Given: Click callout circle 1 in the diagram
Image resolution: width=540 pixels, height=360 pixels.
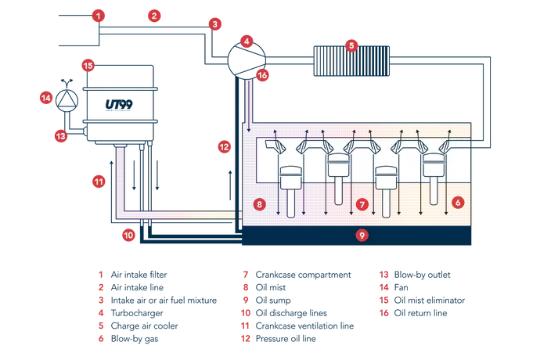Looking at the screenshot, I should [98, 15].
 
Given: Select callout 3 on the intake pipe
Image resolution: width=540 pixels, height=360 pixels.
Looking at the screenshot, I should [214, 25].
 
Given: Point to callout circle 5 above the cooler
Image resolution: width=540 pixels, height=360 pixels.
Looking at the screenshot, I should [247, 40].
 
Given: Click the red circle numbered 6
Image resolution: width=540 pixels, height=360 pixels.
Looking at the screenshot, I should [351, 45].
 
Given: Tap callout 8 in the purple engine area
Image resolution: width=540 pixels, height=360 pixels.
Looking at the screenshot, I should [362, 204].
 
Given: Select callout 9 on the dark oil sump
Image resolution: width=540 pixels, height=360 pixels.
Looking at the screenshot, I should [260, 204].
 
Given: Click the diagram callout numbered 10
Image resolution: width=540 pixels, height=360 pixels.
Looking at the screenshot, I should [362, 234].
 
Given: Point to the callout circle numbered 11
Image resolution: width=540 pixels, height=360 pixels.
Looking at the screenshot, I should [129, 234].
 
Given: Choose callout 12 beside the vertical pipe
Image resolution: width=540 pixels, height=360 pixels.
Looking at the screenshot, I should [98, 182].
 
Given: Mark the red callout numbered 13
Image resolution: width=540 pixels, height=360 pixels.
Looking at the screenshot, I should [225, 146].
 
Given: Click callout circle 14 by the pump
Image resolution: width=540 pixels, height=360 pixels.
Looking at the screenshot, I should [61, 135].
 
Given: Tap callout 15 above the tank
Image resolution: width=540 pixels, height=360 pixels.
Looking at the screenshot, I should [46, 98].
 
